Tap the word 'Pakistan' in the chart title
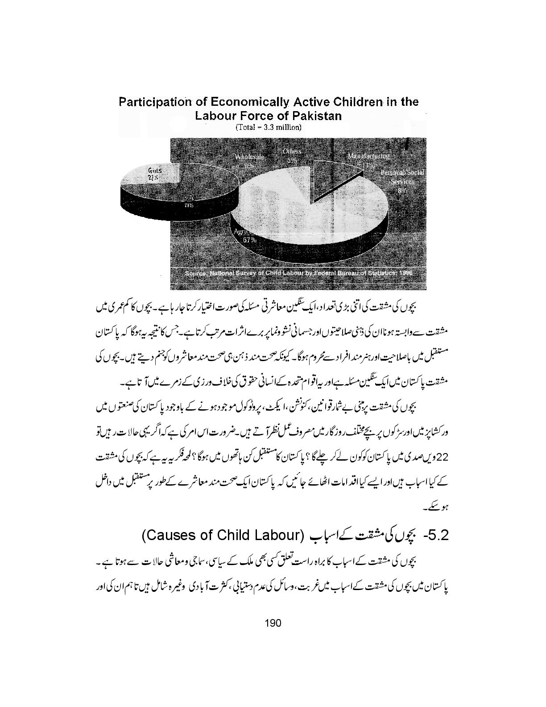(317, 116)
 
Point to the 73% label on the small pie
(187, 206)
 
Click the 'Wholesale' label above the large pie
(250, 157)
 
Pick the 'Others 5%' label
(292, 155)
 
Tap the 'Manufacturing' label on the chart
(369, 157)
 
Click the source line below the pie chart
(298, 272)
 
